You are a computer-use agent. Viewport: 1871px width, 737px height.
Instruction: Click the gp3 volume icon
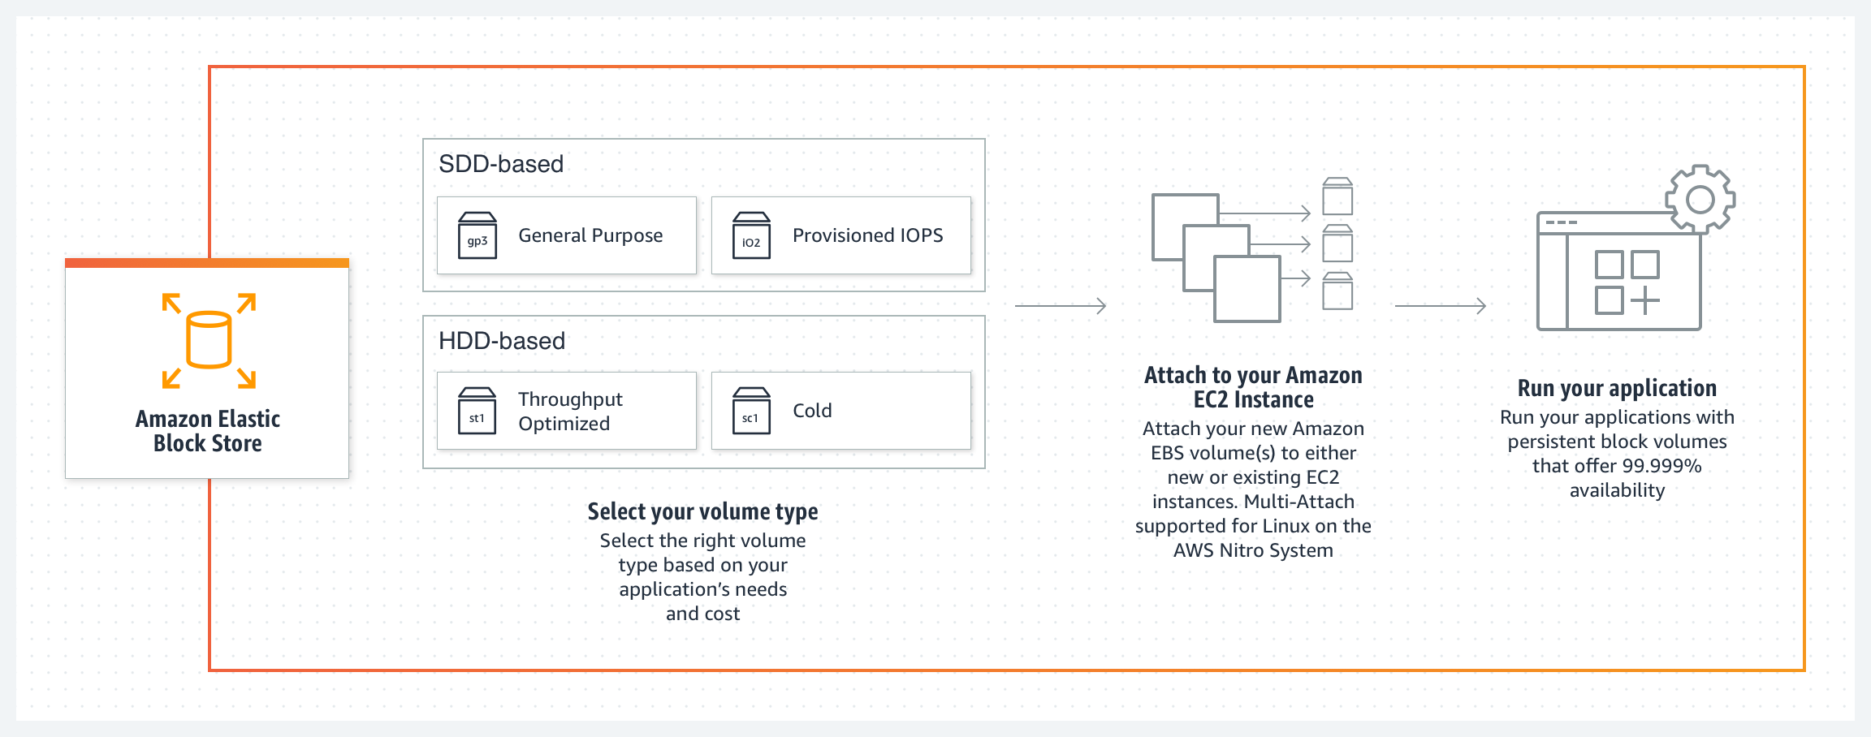click(x=477, y=235)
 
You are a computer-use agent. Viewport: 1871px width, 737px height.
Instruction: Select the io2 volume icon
click(x=751, y=235)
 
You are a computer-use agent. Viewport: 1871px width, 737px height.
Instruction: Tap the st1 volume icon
click(x=477, y=411)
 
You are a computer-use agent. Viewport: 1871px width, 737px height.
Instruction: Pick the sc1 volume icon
click(x=751, y=411)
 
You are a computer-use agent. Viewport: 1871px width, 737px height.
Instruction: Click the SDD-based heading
click(x=501, y=164)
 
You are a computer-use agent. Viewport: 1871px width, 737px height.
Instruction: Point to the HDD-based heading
click(x=502, y=341)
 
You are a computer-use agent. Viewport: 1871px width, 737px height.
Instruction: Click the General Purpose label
click(x=590, y=235)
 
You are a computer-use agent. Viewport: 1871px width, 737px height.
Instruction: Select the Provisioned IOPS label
click(x=867, y=235)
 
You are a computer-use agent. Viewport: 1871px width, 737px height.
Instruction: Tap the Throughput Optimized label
click(x=570, y=412)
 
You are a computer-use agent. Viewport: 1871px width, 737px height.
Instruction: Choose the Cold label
click(x=812, y=411)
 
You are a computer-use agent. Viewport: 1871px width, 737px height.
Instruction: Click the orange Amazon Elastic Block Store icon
click(x=209, y=341)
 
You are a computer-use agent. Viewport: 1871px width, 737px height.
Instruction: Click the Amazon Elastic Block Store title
click(x=208, y=431)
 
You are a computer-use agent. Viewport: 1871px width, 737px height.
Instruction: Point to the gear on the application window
click(x=1700, y=200)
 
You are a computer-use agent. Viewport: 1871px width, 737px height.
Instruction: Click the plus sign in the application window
click(x=1645, y=300)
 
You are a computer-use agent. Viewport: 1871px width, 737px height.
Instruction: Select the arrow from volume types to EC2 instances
click(x=1061, y=306)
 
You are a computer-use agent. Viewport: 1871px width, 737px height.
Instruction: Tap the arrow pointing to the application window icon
click(x=1441, y=306)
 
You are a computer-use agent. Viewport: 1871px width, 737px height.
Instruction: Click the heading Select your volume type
click(x=702, y=511)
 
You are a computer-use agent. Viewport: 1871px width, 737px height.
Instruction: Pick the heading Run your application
click(x=1617, y=388)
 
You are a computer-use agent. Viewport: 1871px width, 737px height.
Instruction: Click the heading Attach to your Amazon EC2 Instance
click(x=1253, y=387)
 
